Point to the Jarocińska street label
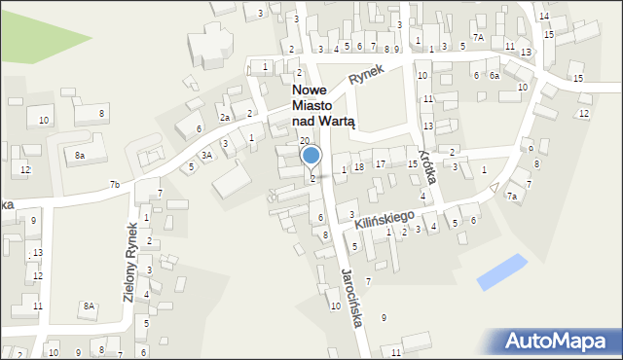pyautogui.click(x=351, y=297)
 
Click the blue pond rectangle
pyautogui.click(x=502, y=271)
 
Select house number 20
pyautogui.click(x=304, y=141)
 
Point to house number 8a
pyautogui.click(x=80, y=155)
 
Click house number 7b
pyautogui.click(x=115, y=184)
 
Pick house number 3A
pyautogui.click(x=206, y=155)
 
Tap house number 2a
pyautogui.click(x=224, y=117)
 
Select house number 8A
pyautogui.click(x=89, y=306)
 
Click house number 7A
pyautogui.click(x=478, y=36)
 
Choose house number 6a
pyautogui.click(x=494, y=75)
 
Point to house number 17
pyautogui.click(x=381, y=163)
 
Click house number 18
pyautogui.click(x=359, y=167)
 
